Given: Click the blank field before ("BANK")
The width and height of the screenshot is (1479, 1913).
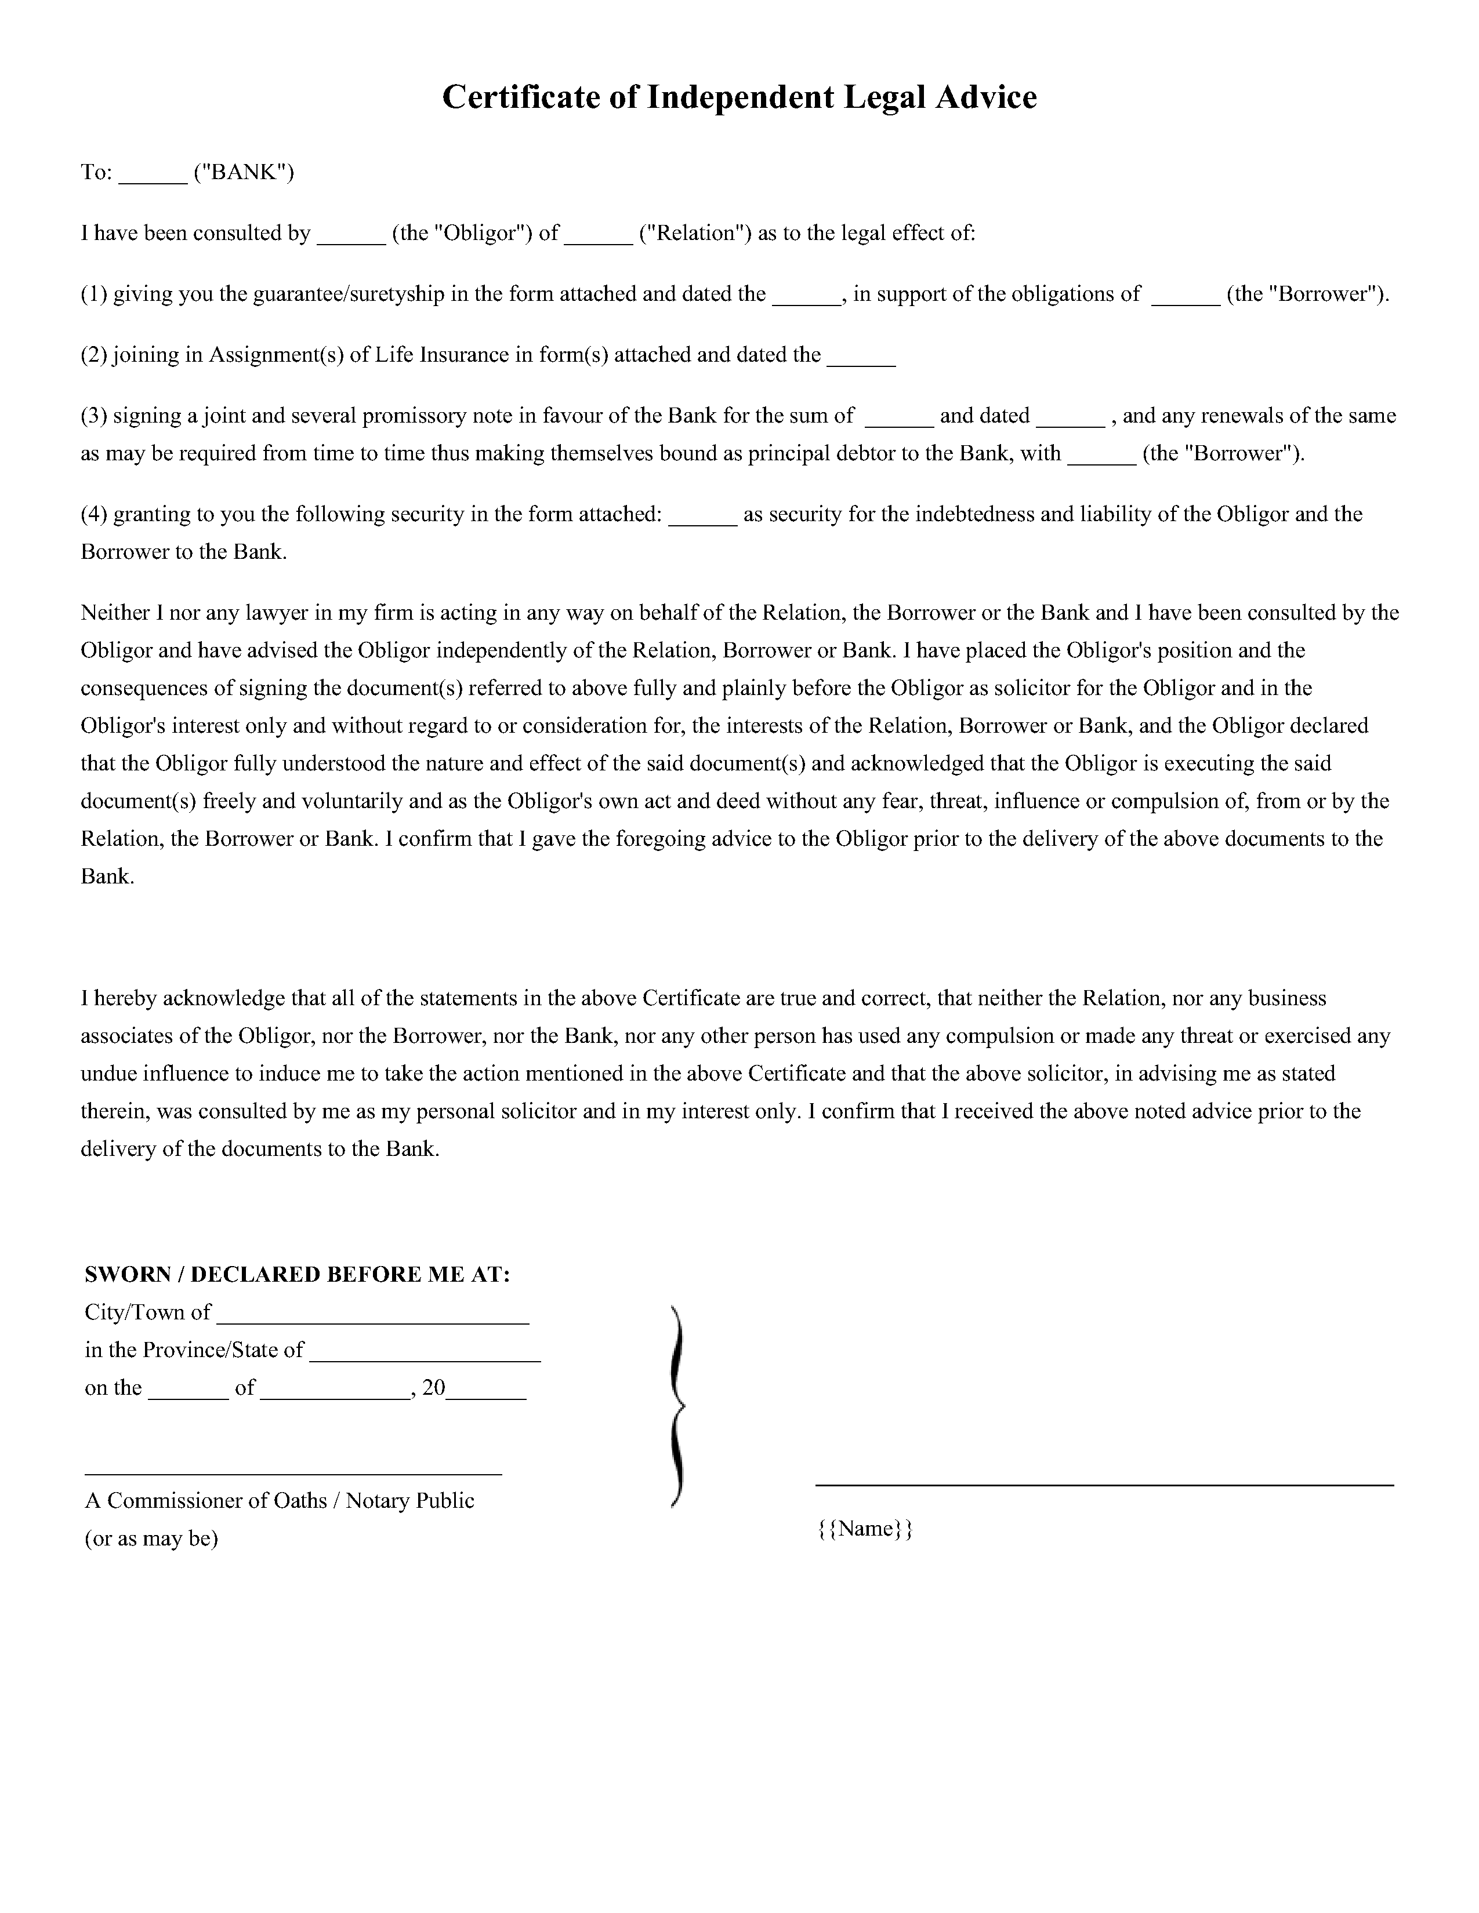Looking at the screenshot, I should coord(153,179).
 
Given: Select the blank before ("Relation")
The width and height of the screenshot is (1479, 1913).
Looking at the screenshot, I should coord(599,239).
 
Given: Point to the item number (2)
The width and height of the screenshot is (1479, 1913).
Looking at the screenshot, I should coord(94,355).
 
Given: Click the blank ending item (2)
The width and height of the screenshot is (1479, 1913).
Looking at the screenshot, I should coord(861,362).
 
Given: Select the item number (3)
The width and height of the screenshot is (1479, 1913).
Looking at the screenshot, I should coord(94,416).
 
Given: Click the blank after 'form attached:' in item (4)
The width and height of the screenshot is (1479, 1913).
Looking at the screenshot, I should coord(703,521).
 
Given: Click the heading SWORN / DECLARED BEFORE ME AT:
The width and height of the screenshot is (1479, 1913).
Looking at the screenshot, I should coord(297,1274).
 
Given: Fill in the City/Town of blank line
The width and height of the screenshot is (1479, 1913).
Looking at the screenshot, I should coord(372,1320).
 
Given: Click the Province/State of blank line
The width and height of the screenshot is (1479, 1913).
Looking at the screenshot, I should coord(425,1358).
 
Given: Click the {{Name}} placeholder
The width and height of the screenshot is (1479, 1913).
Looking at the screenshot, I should coord(865,1529).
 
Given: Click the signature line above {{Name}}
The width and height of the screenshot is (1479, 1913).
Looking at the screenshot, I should coord(1104,1485).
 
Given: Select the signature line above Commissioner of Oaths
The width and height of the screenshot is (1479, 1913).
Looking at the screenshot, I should coord(293,1474).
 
